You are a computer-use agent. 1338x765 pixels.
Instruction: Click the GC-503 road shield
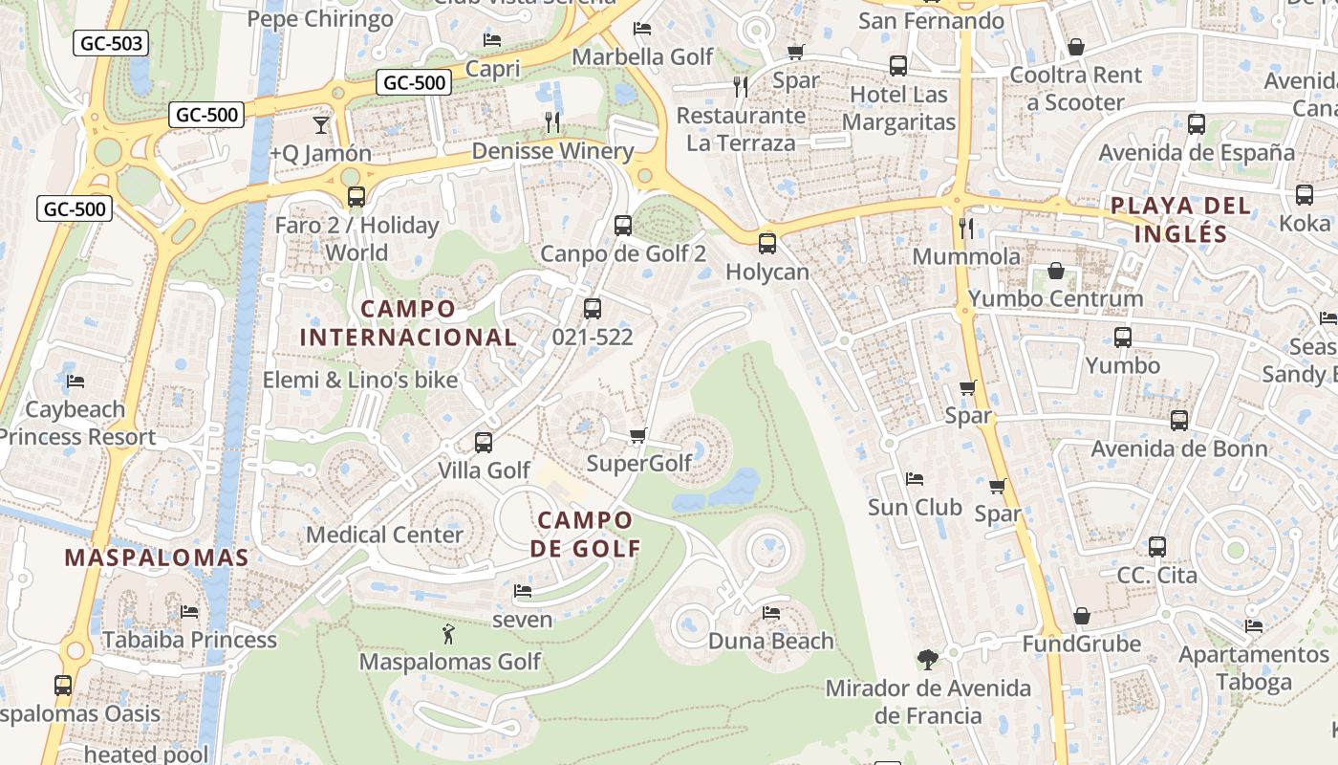point(111,43)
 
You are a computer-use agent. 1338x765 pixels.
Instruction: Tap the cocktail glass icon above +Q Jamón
point(320,125)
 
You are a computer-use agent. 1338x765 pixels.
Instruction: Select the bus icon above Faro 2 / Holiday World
point(356,197)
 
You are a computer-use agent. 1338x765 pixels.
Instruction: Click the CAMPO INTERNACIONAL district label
point(408,323)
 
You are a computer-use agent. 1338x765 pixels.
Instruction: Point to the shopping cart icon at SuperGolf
point(638,436)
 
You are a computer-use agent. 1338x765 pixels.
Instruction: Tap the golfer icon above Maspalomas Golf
point(447,633)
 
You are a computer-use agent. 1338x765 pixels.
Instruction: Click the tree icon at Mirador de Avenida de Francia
point(927,659)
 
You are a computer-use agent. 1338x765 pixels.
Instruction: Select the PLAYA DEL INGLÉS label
point(1180,220)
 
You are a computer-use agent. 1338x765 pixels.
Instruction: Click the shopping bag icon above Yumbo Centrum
point(1055,272)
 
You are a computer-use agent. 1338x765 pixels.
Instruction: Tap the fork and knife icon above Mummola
point(966,228)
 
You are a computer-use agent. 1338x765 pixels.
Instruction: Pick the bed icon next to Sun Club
point(915,478)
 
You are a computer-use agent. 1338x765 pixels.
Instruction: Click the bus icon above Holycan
point(766,244)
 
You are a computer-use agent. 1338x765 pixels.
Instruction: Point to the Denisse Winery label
point(552,151)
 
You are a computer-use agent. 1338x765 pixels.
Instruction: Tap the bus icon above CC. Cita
point(1156,547)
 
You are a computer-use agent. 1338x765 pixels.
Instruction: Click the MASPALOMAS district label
point(157,557)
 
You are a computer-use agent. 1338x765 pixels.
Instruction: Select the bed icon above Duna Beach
point(771,612)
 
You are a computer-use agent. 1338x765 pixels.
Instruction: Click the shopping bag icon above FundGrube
point(1082,616)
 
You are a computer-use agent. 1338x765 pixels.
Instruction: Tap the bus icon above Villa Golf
point(484,442)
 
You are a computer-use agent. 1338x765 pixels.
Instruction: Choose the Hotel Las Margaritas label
point(898,108)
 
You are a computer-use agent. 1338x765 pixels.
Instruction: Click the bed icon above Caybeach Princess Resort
point(76,381)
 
